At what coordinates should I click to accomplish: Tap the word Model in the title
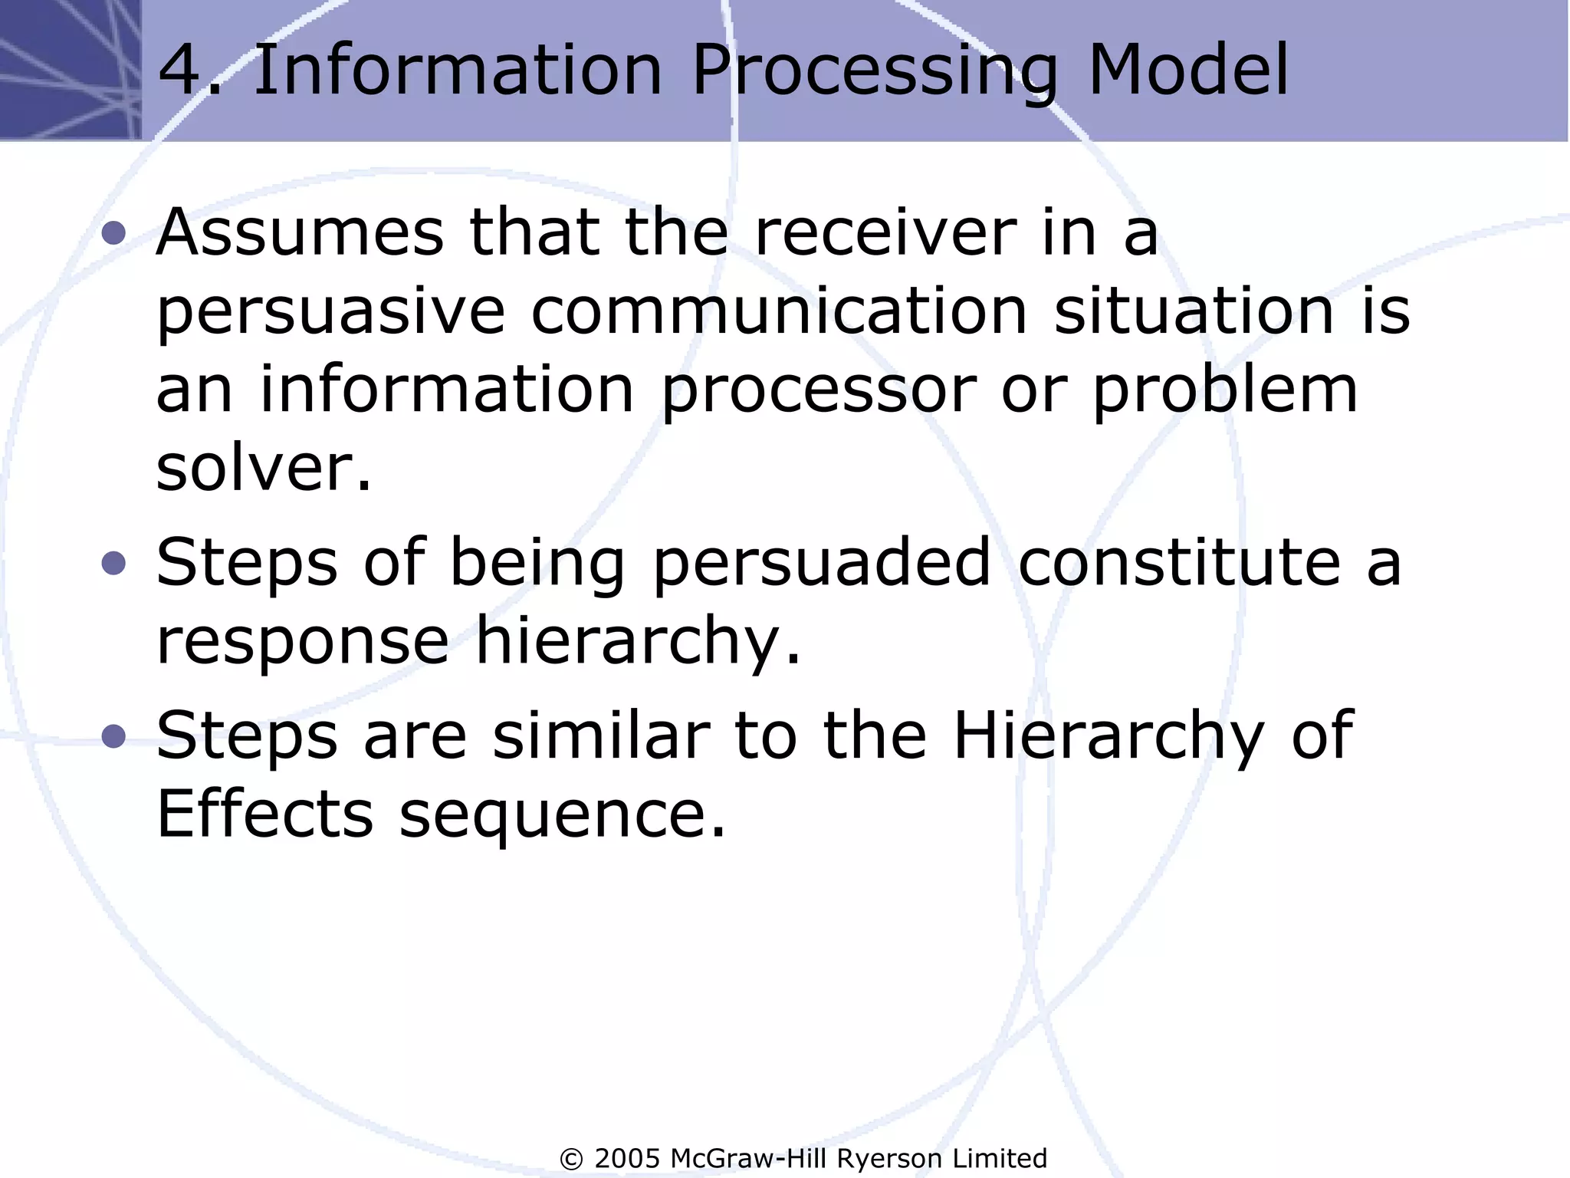tap(1188, 71)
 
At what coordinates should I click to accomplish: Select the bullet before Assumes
tap(113, 232)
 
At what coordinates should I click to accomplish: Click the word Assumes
tap(300, 232)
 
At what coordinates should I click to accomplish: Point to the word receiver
tap(885, 232)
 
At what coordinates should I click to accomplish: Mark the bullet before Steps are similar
tap(113, 736)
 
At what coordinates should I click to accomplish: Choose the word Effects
tap(264, 814)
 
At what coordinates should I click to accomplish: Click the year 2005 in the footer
tap(627, 1158)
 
